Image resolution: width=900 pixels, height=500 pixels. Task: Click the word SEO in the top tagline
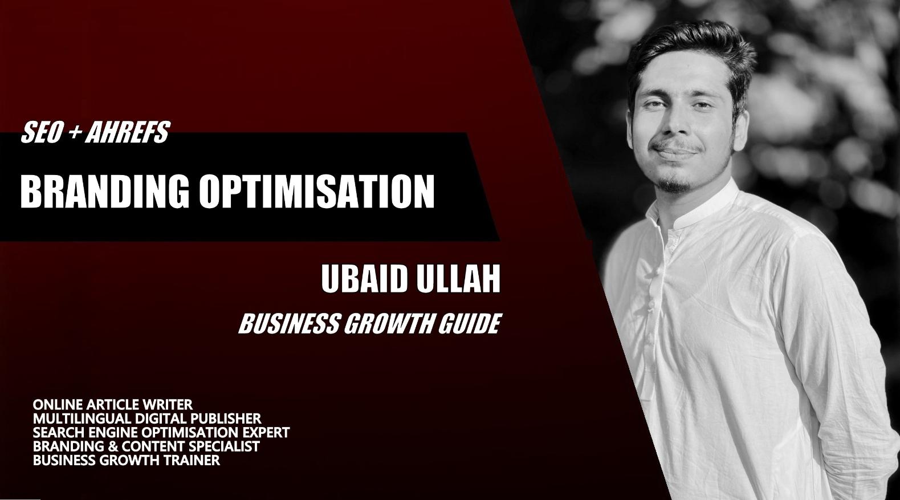pos(42,132)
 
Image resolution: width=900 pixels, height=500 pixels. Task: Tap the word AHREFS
pos(128,132)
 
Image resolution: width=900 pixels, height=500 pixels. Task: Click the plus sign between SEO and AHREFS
pos(74,132)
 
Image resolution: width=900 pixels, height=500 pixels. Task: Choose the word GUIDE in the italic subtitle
pos(470,324)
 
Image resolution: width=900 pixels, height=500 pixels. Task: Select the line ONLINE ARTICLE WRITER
pos(113,404)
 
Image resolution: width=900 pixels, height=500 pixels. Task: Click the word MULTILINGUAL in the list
pos(82,418)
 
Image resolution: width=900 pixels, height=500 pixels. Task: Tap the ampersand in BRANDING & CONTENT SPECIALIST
pos(115,446)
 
